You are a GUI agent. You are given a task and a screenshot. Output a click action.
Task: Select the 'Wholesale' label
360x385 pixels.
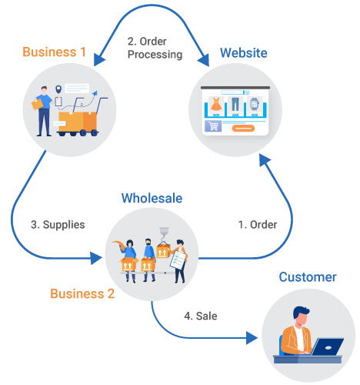point(152,198)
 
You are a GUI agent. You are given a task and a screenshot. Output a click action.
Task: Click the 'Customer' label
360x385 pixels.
point(308,277)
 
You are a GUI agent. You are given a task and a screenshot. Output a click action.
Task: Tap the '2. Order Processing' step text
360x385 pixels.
point(154,48)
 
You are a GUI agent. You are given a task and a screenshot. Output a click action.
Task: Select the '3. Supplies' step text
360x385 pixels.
point(58,225)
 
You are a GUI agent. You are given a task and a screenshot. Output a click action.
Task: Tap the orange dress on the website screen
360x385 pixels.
point(216,103)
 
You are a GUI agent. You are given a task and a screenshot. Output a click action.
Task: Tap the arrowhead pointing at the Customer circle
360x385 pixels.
point(251,336)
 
